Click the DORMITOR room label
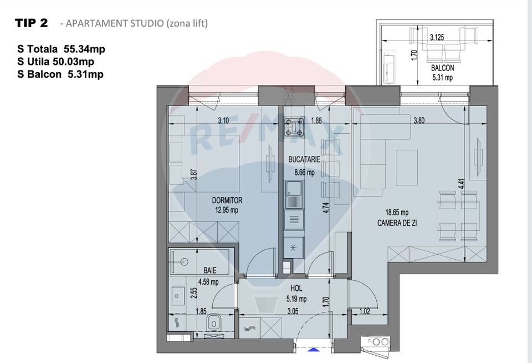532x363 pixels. click(227, 200)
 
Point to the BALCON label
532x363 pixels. click(442, 68)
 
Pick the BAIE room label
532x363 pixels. click(209, 270)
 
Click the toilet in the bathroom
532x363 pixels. click(213, 323)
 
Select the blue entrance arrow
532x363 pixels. click(313, 349)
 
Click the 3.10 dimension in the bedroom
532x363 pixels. click(223, 120)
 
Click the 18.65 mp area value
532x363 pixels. click(397, 213)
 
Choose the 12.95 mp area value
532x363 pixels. click(227, 210)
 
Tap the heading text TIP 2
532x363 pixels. click(32, 23)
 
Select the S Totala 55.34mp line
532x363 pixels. click(61, 49)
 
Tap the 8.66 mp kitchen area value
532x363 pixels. click(301, 173)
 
